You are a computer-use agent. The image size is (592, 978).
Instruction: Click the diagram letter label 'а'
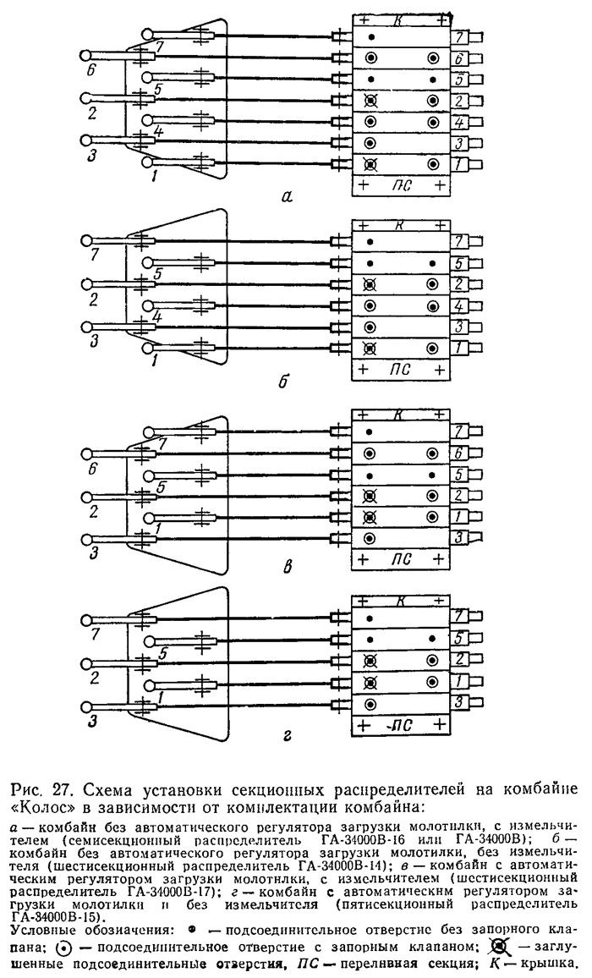287,198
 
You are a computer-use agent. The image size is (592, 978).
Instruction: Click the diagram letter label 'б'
284,380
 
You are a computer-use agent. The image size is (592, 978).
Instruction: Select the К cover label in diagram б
400,224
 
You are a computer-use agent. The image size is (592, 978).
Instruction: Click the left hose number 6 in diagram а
90,70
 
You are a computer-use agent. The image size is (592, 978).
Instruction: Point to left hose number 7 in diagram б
95,255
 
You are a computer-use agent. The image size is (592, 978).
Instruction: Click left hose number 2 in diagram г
94,678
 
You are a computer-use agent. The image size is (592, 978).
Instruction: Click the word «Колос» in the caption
39,808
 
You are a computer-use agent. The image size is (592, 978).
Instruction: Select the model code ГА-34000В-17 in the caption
177,890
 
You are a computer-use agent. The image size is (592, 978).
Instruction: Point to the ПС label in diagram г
403,725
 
